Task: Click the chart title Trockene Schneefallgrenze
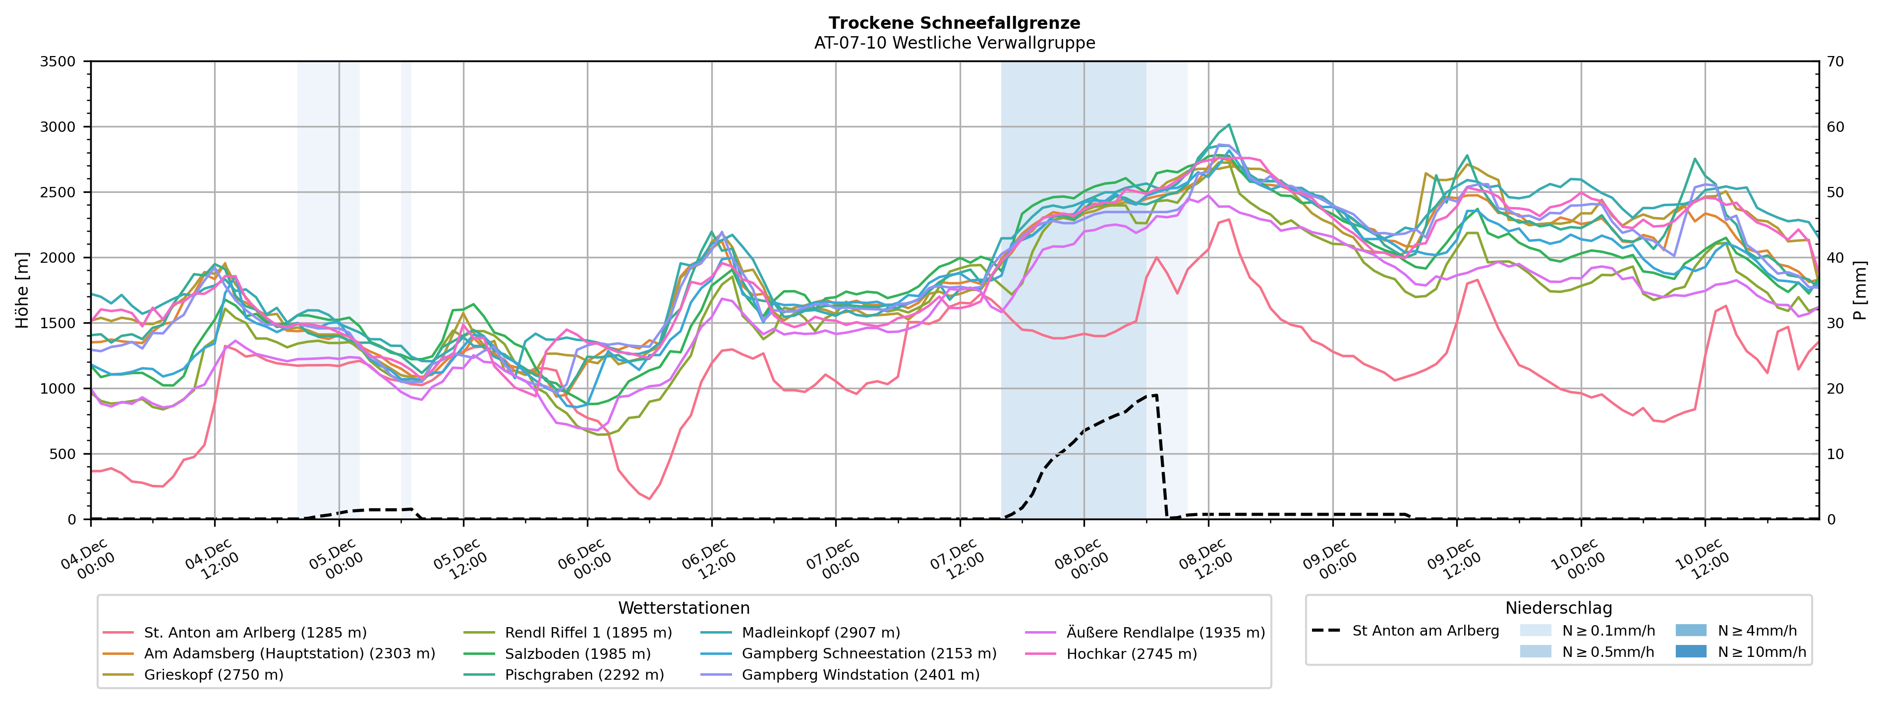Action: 955,23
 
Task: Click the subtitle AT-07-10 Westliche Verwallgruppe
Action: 955,43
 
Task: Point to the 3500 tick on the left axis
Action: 58,61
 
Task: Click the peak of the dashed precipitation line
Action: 1155,395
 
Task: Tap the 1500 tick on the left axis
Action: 58,323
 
